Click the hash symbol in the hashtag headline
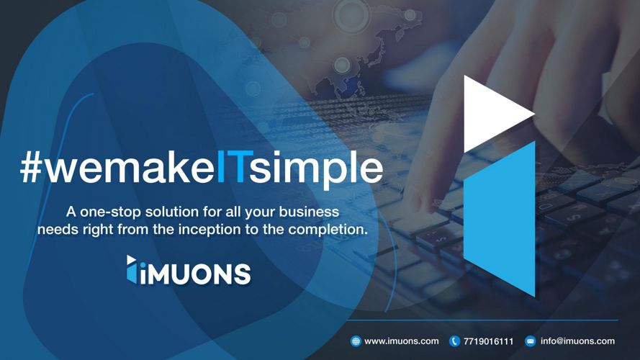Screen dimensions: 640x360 point(31,168)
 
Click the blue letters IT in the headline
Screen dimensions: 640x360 point(230,167)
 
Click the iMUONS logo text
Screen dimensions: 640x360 point(194,274)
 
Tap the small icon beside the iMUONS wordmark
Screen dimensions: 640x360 point(132,269)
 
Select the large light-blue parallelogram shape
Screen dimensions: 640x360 point(499,219)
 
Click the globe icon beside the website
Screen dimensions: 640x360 point(356,341)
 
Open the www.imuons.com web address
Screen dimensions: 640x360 point(401,341)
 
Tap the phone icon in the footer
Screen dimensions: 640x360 point(454,341)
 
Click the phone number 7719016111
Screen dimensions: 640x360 point(488,341)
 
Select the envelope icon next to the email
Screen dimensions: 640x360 point(530,341)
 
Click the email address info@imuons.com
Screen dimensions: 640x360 point(577,341)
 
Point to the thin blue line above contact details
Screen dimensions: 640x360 point(482,320)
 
